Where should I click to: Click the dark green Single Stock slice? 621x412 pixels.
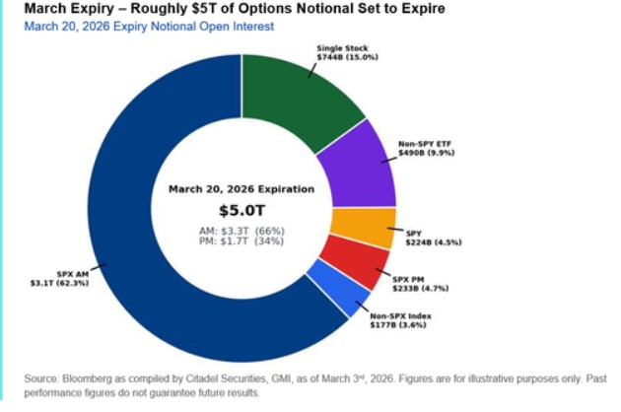[x=296, y=99]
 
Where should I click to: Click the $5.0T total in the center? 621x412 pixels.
[x=241, y=210]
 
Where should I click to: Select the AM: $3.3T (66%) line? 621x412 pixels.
[x=241, y=230]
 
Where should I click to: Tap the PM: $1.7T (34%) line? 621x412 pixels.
[x=241, y=240]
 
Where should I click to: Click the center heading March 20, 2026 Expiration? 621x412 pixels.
[x=241, y=189]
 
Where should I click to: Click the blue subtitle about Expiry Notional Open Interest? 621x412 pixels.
[x=148, y=26]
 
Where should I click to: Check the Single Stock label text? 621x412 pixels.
[x=340, y=47]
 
